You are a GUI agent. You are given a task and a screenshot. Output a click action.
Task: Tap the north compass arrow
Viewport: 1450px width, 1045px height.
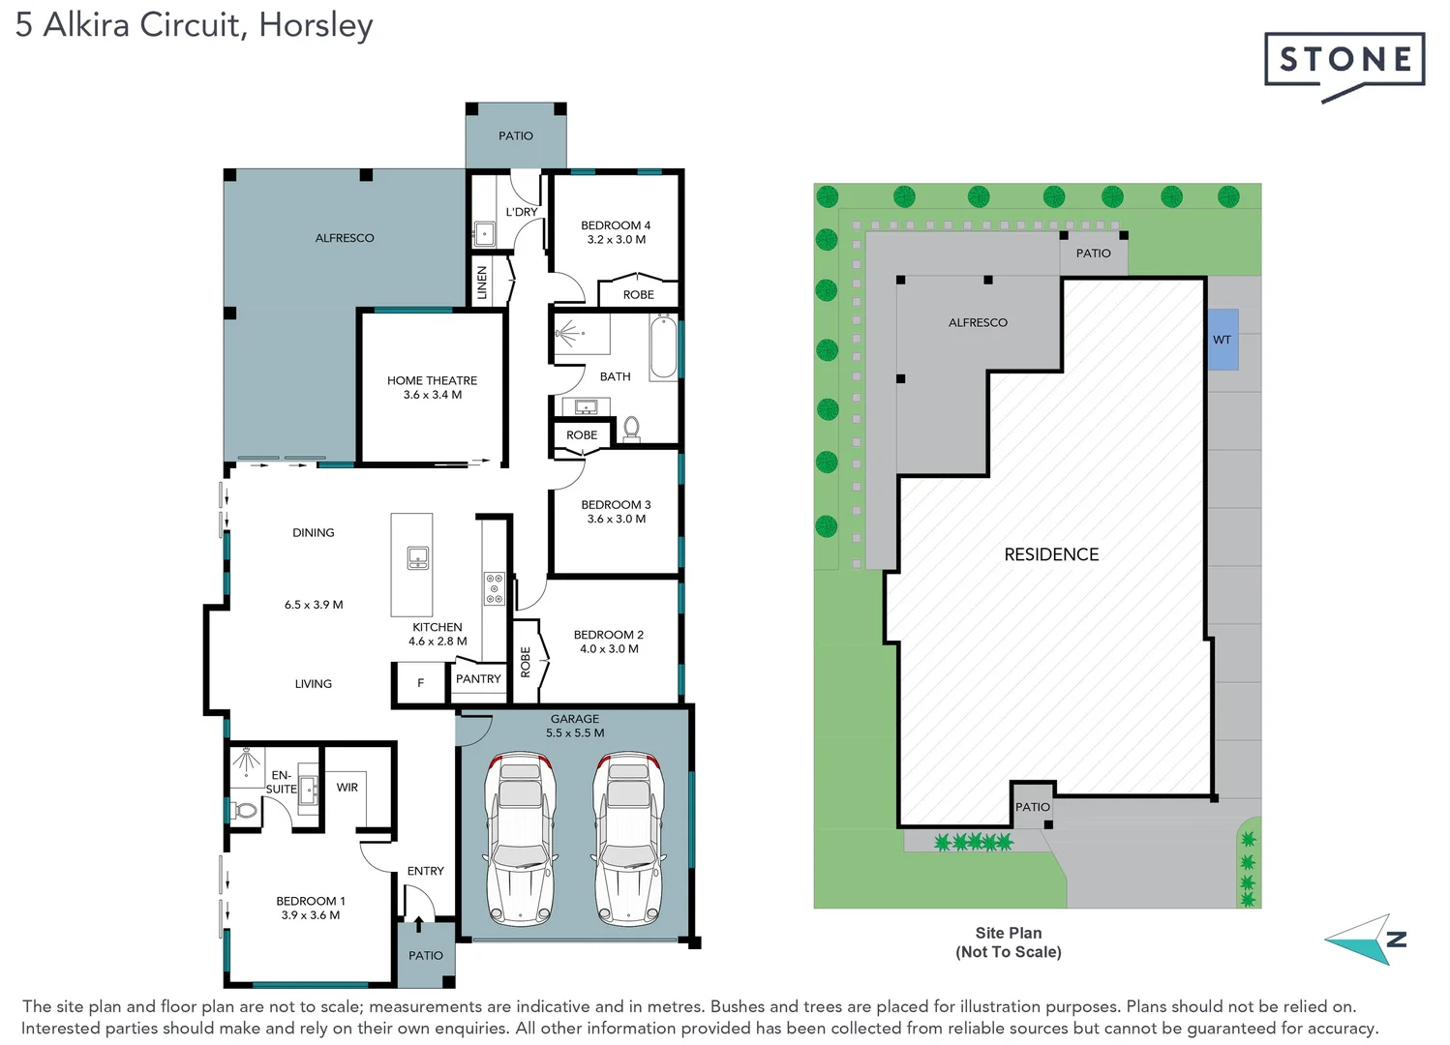[x=1365, y=940]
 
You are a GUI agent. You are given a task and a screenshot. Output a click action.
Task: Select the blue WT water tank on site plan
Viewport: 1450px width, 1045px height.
[x=1223, y=340]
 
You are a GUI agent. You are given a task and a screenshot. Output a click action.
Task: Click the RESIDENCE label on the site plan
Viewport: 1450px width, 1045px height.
[x=1051, y=554]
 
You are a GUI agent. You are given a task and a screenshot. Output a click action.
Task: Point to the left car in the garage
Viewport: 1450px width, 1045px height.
[x=521, y=838]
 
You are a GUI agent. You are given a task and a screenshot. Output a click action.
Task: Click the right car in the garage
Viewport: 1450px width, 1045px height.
[x=628, y=838]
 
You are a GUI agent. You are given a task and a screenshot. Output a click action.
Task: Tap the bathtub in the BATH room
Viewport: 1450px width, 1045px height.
[x=663, y=347]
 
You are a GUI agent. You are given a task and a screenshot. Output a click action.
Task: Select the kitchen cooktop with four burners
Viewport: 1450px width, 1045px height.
[x=495, y=588]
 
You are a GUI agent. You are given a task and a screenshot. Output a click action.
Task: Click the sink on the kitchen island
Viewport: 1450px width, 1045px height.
[x=418, y=558]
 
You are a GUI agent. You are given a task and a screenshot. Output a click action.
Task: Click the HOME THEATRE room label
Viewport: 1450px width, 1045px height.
[x=432, y=380]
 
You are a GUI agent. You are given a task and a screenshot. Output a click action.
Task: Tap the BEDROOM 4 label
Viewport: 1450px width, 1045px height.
[x=616, y=225]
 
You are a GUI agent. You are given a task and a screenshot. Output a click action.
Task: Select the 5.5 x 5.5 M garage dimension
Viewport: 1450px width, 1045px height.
[x=575, y=733]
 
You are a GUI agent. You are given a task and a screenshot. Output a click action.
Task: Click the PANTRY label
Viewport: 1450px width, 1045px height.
[x=478, y=679]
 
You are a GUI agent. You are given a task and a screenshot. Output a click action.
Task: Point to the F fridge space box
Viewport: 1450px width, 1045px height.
[x=420, y=683]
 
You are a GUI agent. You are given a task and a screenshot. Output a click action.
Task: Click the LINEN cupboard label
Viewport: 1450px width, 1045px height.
[x=482, y=283]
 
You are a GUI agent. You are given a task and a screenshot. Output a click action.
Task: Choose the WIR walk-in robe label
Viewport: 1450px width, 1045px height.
[x=347, y=788]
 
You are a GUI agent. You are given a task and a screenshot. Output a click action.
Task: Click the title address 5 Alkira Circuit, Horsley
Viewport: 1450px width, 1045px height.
[x=194, y=24]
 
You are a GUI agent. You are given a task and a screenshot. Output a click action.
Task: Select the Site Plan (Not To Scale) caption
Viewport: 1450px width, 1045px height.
[x=1009, y=942]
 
